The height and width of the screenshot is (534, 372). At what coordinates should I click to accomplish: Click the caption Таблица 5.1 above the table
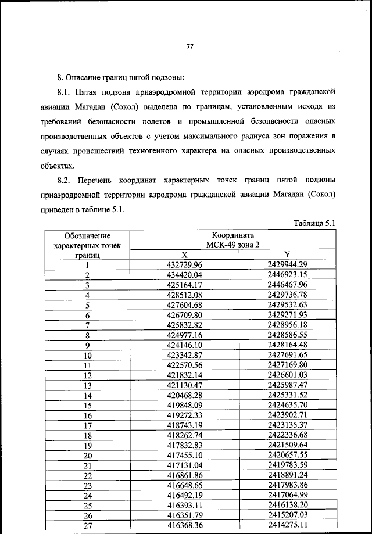pyautogui.click(x=314, y=223)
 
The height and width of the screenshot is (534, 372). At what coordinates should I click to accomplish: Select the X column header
pyautogui.click(x=184, y=255)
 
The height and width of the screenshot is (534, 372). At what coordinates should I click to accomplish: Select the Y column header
pyautogui.click(x=287, y=255)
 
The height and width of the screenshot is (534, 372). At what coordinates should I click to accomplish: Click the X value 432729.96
pyautogui.click(x=184, y=264)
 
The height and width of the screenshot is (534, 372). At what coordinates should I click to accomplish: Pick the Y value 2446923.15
pyautogui.click(x=287, y=274)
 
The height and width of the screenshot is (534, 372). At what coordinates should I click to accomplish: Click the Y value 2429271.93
pyautogui.click(x=287, y=314)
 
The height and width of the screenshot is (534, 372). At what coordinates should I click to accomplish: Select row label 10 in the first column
pyautogui.click(x=88, y=354)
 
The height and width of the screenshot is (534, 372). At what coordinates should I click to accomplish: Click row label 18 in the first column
pyautogui.click(x=88, y=435)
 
